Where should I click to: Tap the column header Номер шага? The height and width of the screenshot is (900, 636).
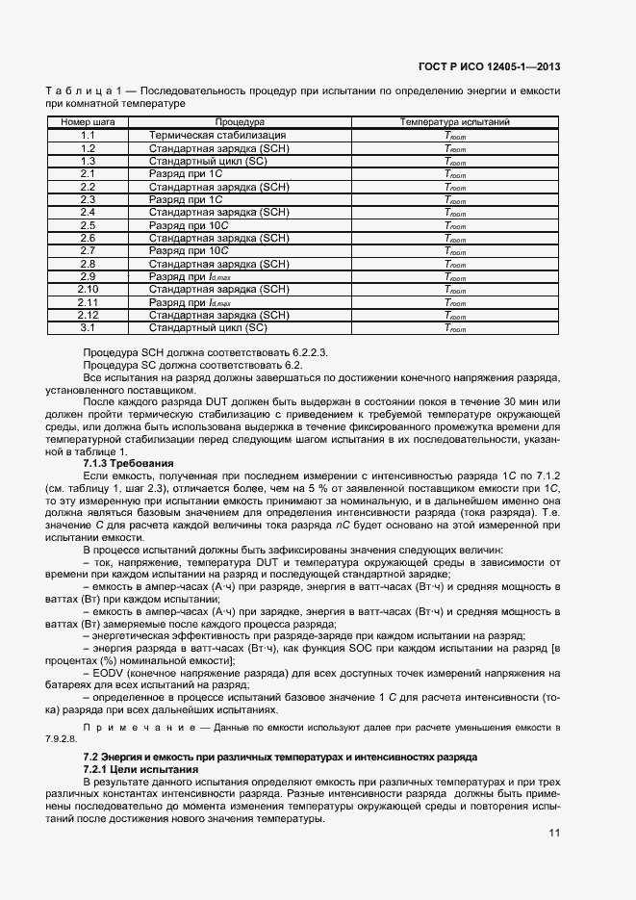[88, 123]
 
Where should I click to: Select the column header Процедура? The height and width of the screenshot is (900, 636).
[240, 123]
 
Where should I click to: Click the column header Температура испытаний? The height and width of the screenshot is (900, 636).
[454, 123]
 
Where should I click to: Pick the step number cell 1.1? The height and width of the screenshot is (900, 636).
[88, 136]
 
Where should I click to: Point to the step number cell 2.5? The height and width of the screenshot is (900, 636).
[88, 225]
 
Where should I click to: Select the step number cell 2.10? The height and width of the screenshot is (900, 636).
[88, 289]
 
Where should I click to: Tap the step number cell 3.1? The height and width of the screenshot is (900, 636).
[88, 327]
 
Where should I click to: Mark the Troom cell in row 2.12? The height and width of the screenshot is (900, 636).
[454, 315]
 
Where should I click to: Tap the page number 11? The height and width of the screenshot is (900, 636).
[554, 834]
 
